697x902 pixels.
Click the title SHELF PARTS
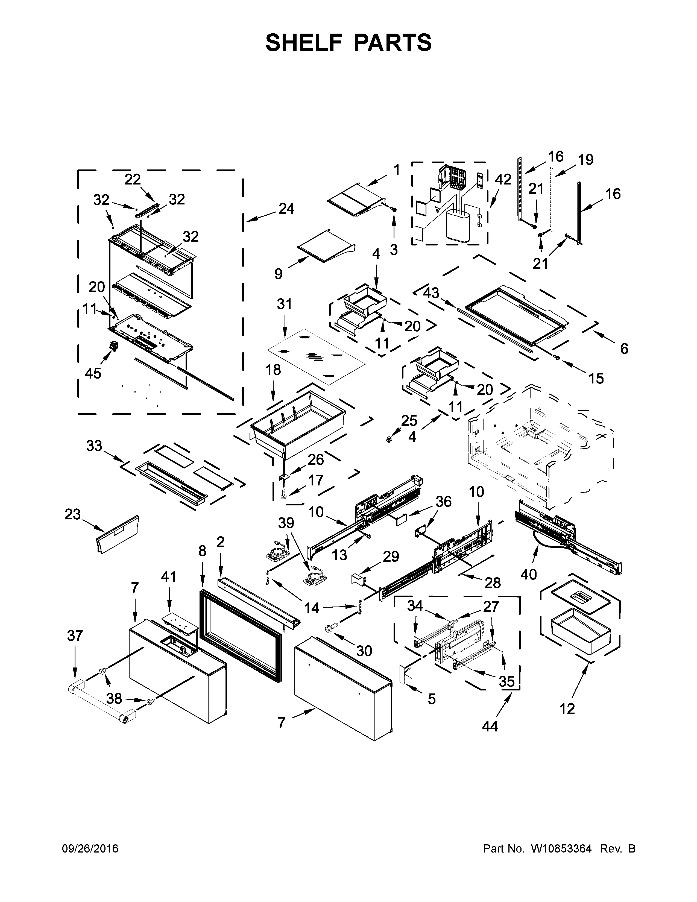(x=348, y=43)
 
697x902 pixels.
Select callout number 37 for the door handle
(x=75, y=635)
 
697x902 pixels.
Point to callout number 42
(x=503, y=179)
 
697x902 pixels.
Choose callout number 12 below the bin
(x=567, y=709)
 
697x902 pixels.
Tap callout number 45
(x=93, y=373)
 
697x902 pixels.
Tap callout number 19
(x=585, y=159)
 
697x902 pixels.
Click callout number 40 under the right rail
(x=529, y=574)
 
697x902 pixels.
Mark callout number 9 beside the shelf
(x=278, y=273)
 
